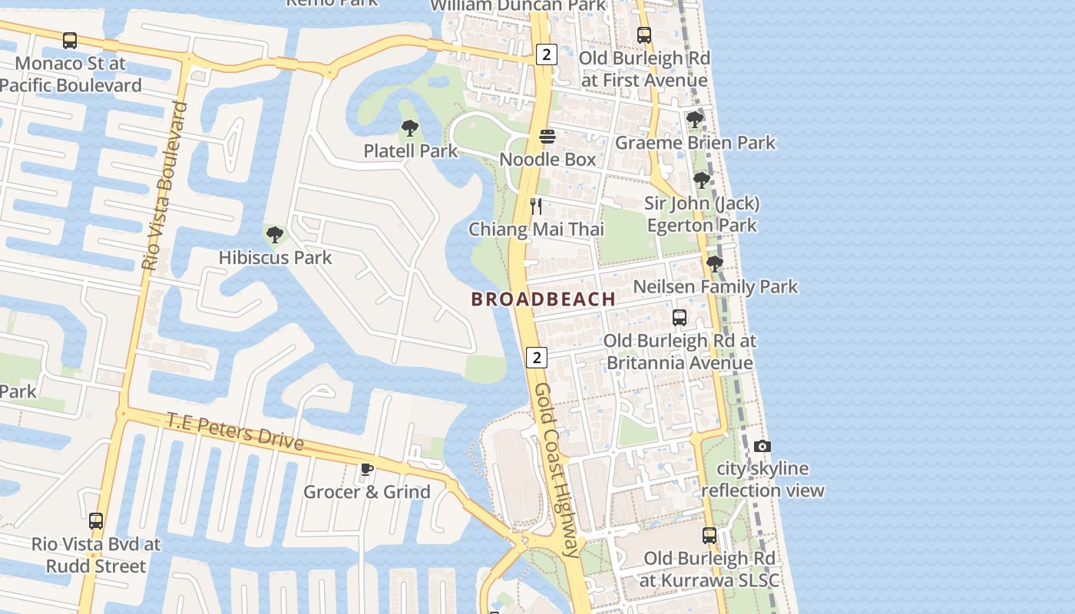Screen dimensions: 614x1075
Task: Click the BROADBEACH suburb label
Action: [x=543, y=299]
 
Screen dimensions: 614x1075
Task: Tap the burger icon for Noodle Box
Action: [x=547, y=137]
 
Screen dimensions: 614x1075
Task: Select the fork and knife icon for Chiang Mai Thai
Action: [x=536, y=206]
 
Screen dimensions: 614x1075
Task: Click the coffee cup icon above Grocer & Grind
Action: [x=367, y=469]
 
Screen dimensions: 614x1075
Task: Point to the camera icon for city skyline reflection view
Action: [x=762, y=446]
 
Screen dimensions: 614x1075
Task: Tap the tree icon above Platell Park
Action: [x=410, y=128]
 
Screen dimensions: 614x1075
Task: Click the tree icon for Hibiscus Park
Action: [x=274, y=235]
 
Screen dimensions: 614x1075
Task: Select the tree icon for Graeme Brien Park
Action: [x=695, y=120]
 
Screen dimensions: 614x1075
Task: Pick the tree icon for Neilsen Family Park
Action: [x=715, y=264]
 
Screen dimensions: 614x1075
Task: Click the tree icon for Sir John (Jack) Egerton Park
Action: [x=701, y=180]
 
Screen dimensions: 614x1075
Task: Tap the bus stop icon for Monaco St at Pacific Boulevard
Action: [x=70, y=41]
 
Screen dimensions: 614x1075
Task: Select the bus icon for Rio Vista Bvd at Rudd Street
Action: [x=96, y=521]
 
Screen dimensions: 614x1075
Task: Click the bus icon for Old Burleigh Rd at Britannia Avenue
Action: [x=680, y=318]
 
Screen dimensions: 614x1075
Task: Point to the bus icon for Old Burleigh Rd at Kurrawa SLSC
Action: [x=709, y=536]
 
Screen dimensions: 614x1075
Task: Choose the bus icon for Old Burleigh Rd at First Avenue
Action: [x=644, y=35]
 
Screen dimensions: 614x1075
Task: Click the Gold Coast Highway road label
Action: [x=557, y=470]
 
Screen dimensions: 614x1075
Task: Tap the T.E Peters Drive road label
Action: [x=235, y=431]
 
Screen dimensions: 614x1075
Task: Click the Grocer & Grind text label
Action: [x=366, y=492]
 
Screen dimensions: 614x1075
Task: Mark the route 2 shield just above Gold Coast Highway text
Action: [x=537, y=357]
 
